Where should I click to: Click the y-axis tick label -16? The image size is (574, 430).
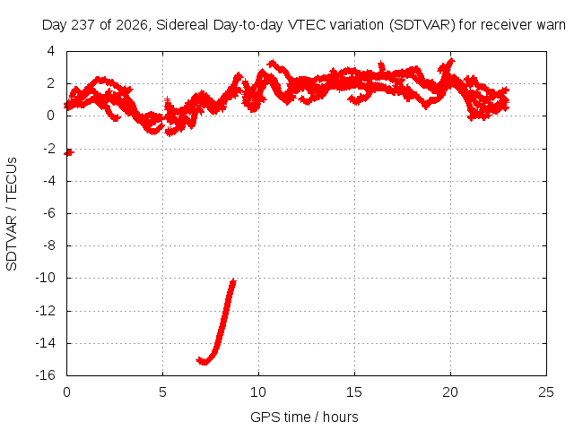[45, 375]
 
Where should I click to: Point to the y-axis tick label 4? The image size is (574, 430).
[50, 51]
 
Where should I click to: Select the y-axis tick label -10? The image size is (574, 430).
[45, 278]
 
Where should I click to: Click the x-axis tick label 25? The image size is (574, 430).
[546, 392]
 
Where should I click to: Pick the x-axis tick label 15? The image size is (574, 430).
[354, 392]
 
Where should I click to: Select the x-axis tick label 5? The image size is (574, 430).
[162, 392]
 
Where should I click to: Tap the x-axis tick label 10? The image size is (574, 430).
[258, 392]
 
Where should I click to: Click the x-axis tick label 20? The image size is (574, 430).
[450, 392]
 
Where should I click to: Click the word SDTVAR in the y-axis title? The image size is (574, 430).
[12, 243]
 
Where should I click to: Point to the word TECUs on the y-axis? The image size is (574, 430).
[12, 178]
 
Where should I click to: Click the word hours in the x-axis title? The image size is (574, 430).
[341, 417]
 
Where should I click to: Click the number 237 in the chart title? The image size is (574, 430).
[83, 25]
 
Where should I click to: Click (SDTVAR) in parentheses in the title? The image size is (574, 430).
[422, 25]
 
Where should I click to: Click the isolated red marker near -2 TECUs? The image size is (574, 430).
[69, 152]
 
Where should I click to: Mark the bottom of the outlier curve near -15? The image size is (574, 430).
[204, 362]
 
